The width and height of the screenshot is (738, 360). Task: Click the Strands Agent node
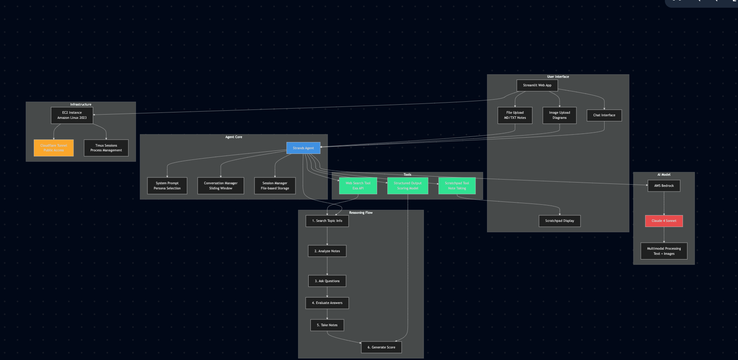[x=303, y=148]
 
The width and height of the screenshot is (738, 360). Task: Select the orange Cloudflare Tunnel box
[x=54, y=148]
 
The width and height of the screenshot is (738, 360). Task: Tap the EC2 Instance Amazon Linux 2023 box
[x=72, y=115]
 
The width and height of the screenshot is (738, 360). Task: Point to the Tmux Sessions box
[x=106, y=148]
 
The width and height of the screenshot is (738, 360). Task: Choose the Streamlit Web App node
[x=537, y=85]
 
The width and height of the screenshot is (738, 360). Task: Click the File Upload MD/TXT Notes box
[x=515, y=115]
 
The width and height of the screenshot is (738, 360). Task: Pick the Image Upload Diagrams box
[x=559, y=115]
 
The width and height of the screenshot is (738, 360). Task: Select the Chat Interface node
[x=604, y=115]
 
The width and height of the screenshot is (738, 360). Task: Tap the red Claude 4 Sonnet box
[x=664, y=221]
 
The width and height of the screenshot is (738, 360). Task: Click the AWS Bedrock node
[x=664, y=186]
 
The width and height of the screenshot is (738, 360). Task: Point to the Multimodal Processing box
[x=664, y=251]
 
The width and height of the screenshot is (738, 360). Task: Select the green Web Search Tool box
[x=358, y=186]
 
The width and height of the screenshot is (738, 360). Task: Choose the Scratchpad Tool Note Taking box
[x=457, y=186]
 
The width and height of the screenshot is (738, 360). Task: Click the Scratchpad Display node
[x=559, y=221]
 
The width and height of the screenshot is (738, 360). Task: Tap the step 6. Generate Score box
[x=381, y=347]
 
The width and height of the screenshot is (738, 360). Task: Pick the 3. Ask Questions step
[x=327, y=281]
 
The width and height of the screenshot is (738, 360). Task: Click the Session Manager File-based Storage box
[x=275, y=186]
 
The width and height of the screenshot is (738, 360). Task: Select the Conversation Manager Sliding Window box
[x=221, y=186]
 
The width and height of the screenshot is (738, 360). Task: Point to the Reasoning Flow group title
[x=361, y=212]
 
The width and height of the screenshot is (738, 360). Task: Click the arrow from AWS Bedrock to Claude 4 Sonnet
[x=664, y=203]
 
